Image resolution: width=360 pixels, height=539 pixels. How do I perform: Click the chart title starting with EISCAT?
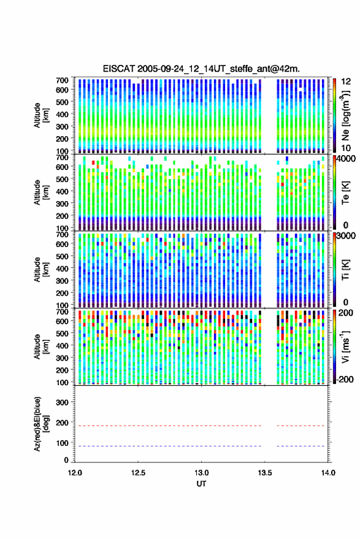pos(201,69)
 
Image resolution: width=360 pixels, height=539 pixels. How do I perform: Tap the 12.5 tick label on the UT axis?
pos(138,473)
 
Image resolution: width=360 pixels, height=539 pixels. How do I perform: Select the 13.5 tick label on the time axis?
pos(264,473)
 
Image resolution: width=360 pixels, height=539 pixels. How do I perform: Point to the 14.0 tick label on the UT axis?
pos(328,473)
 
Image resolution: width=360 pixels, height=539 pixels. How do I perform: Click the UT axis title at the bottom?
pos(201,484)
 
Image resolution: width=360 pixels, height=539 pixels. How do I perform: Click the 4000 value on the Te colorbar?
pos(347,159)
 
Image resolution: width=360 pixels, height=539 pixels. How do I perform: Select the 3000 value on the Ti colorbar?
pos(347,236)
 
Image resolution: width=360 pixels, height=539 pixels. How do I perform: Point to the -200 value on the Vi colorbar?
pos(345,379)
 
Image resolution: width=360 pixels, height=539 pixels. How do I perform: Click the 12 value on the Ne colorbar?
pos(347,82)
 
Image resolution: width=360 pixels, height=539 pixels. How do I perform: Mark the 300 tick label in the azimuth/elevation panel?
pos(62,402)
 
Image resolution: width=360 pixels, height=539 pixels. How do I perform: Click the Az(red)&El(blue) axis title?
pos(40,424)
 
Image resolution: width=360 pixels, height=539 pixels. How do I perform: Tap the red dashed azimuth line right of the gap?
pos(301,426)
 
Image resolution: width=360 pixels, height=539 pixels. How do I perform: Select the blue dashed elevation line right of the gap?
pos(301,446)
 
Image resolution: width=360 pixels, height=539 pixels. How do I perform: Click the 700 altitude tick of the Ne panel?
pos(62,80)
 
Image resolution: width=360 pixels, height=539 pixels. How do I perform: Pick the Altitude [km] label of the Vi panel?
pos(41,346)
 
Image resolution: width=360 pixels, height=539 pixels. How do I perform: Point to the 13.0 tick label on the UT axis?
pos(201,473)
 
